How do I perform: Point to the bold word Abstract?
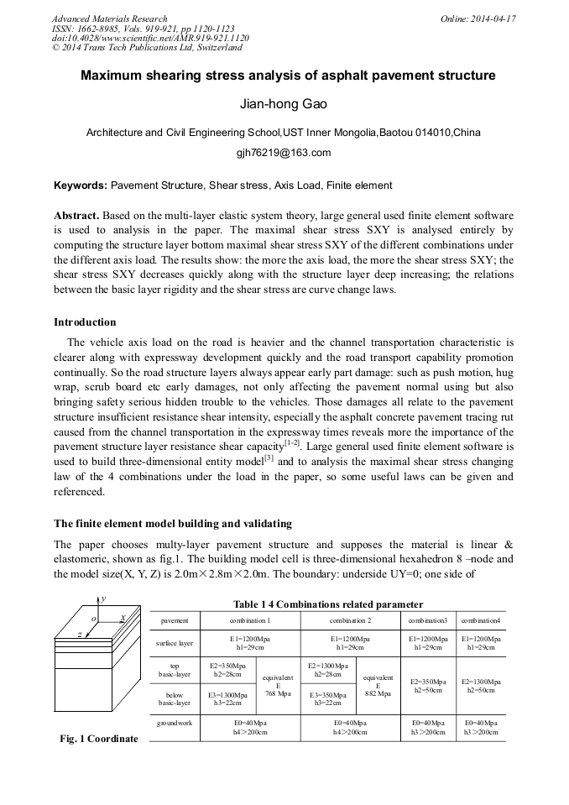click(78, 215)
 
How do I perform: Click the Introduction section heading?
click(85, 322)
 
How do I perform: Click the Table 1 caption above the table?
click(327, 604)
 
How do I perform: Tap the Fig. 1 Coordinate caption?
click(98, 739)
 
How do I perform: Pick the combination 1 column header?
click(249, 620)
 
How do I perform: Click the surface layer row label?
click(175, 643)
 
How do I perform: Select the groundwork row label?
click(175, 722)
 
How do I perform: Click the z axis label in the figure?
click(79, 635)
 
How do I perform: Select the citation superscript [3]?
click(269, 457)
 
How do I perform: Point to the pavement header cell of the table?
click(175, 620)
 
